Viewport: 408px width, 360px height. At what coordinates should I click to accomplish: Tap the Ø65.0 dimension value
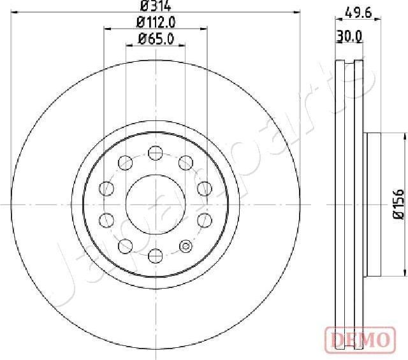tap(155, 40)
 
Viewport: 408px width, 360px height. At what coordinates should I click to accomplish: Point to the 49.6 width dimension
tap(358, 11)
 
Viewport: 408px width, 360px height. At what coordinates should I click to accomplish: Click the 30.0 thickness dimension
tap(350, 37)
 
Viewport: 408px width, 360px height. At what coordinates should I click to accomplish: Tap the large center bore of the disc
tap(155, 204)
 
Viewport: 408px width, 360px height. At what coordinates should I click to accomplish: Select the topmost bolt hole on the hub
tap(155, 152)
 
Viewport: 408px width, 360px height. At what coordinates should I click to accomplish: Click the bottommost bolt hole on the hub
tap(155, 256)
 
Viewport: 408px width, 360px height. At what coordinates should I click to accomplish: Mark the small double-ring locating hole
tap(186, 247)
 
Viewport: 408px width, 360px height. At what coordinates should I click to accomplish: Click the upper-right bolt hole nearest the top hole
tap(186, 162)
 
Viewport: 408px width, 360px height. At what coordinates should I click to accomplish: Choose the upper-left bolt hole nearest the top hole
tap(125, 162)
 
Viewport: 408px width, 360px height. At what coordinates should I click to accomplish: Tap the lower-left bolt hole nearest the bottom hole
tap(125, 247)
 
